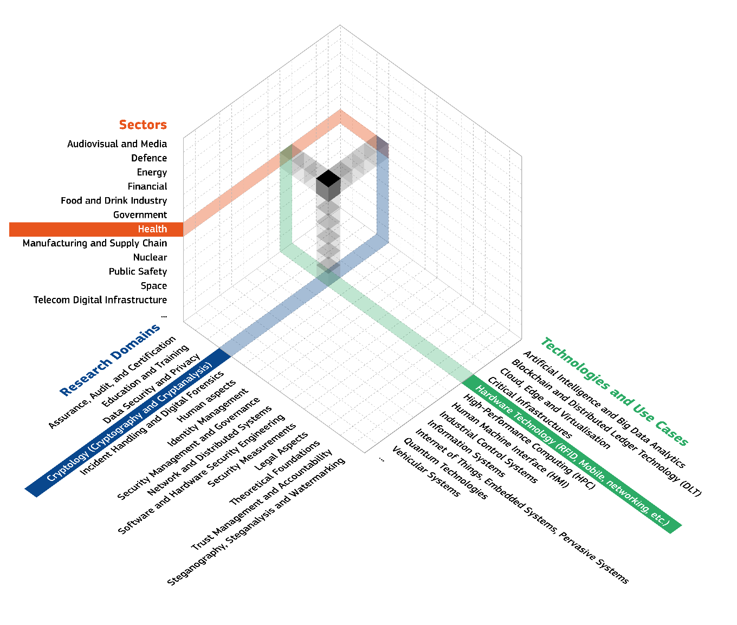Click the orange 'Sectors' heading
point(143,125)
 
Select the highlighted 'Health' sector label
point(152,229)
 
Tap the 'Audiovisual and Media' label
point(117,144)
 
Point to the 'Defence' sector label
point(149,158)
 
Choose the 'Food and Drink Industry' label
point(114,200)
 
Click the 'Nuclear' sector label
point(150,257)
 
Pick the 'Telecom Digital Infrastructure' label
point(100,300)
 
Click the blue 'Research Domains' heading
point(110,360)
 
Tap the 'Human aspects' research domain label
point(206,401)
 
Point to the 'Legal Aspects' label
point(281,451)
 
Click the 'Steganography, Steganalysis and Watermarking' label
point(256,522)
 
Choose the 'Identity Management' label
point(208,417)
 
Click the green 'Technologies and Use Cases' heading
point(615,392)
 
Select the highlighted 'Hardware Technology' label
point(572,455)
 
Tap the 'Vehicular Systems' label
point(426,471)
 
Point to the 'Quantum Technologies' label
point(445,468)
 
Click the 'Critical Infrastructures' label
point(530,407)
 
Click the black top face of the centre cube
point(328,178)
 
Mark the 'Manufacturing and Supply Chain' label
point(95,243)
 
